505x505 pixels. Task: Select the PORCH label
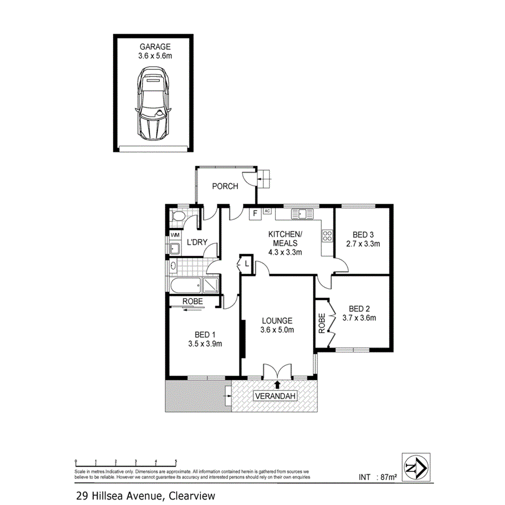click(x=225, y=186)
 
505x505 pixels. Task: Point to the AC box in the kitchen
click(x=267, y=211)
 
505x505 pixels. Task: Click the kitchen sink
click(x=302, y=214)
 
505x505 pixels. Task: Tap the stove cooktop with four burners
click(x=327, y=235)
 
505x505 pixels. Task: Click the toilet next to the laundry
click(x=176, y=217)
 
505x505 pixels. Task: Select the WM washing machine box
click(x=175, y=235)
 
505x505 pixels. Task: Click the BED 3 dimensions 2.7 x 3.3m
click(x=363, y=244)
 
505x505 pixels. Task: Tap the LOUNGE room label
click(x=276, y=320)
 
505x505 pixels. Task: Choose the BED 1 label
click(x=205, y=334)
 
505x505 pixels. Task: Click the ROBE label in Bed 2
click(x=322, y=323)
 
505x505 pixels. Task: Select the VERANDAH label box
click(x=276, y=397)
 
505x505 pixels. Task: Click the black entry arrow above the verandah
click(x=277, y=385)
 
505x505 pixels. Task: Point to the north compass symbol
click(x=415, y=466)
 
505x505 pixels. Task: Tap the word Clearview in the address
click(x=192, y=495)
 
